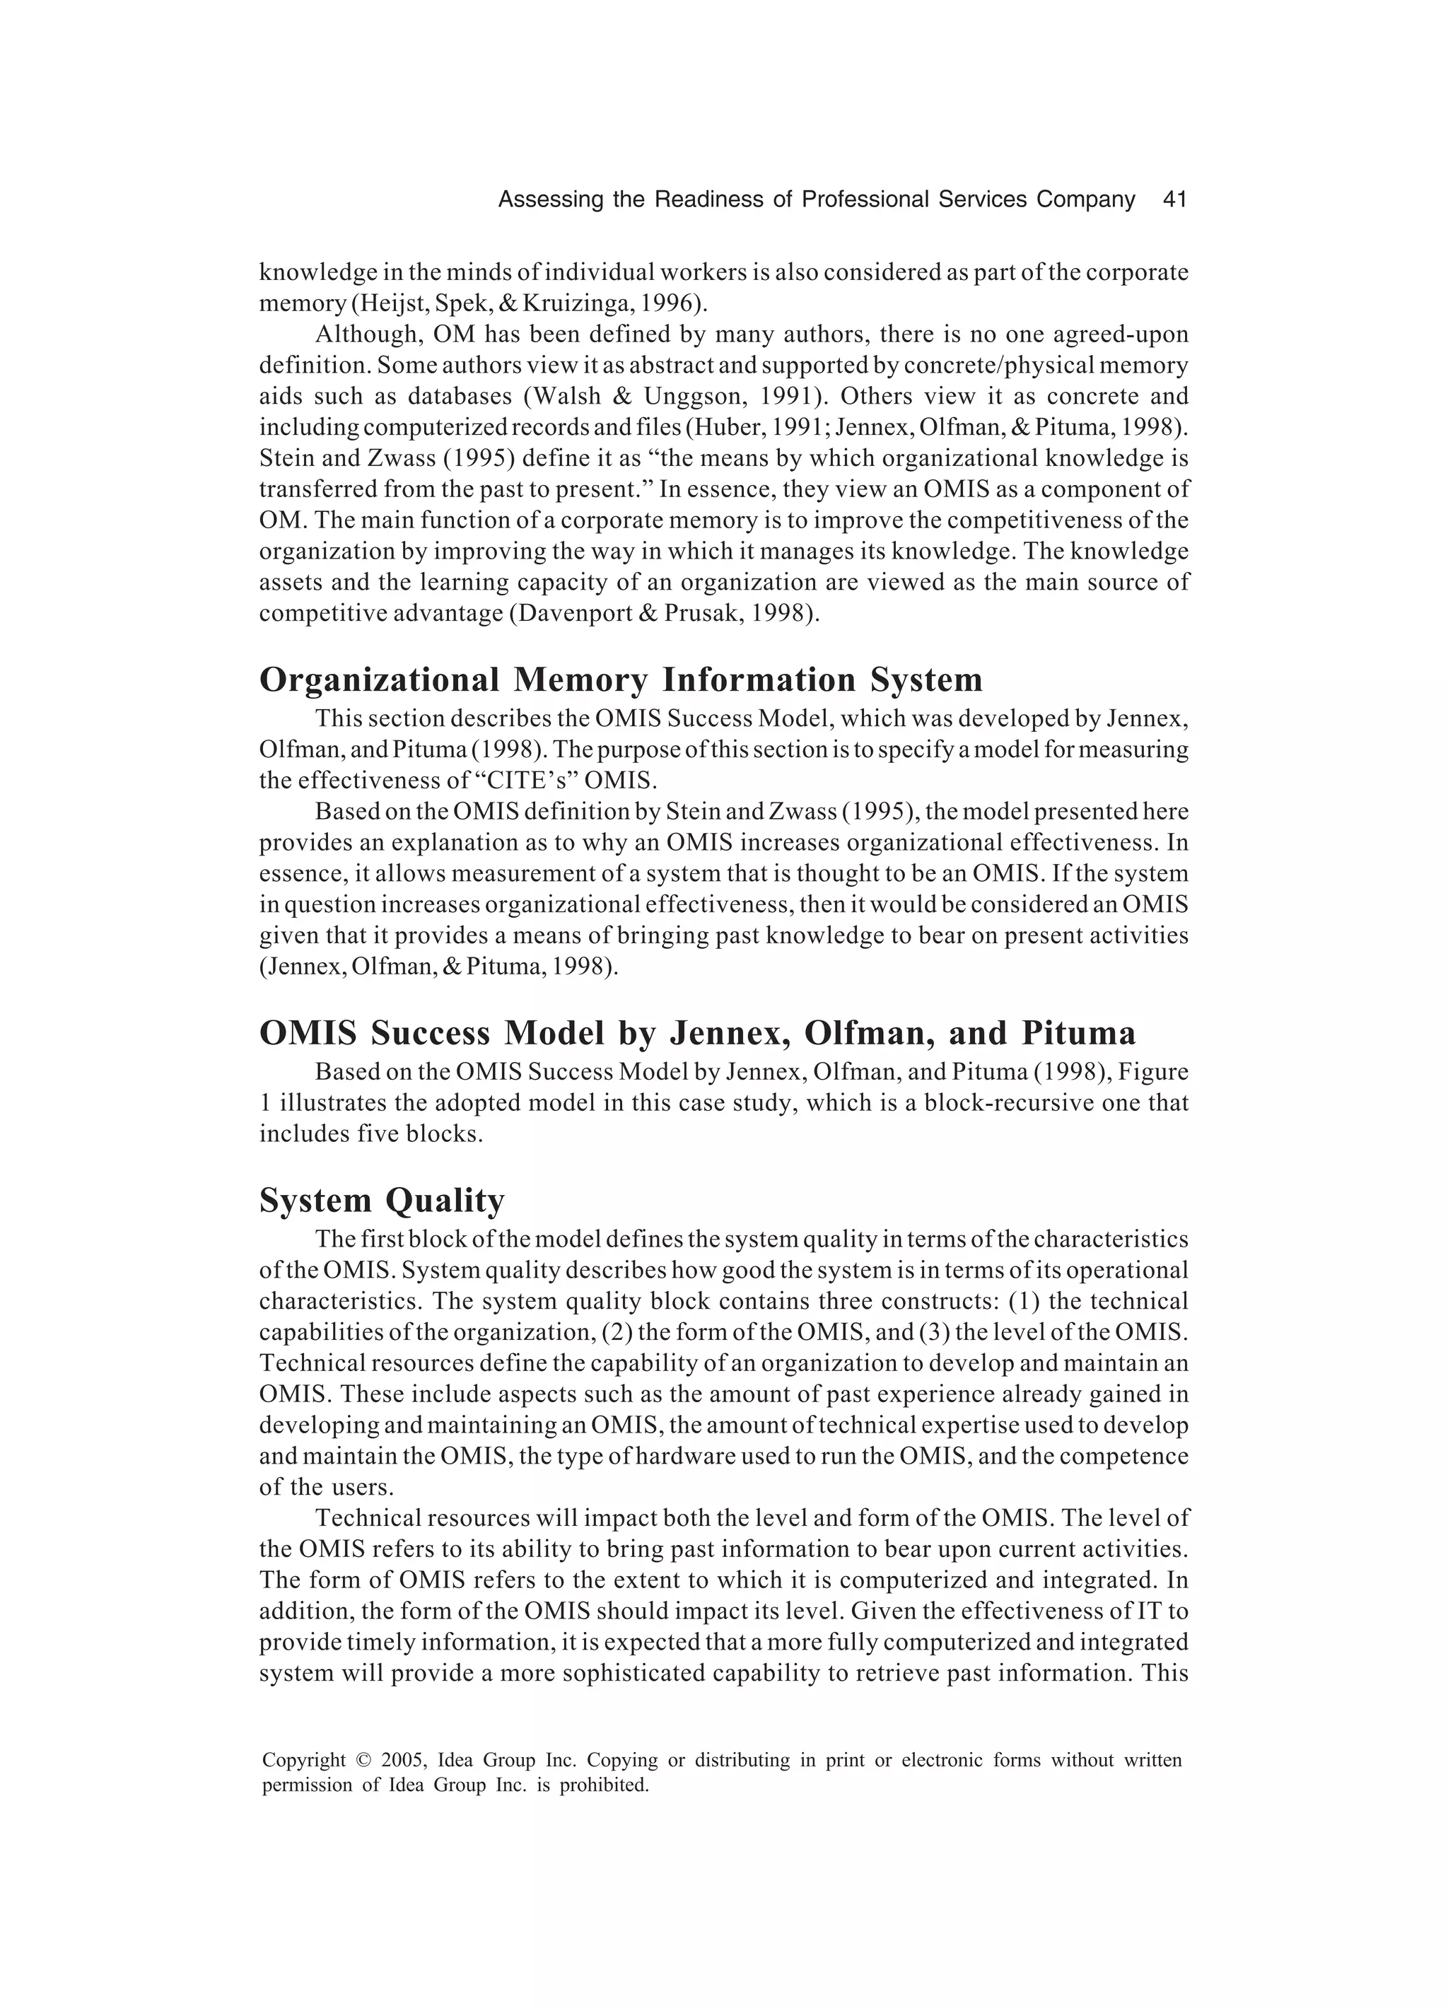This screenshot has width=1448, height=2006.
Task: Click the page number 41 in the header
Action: coord(1174,200)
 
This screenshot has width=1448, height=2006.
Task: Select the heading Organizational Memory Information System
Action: coord(621,680)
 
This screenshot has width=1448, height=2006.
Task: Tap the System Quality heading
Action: coord(381,1200)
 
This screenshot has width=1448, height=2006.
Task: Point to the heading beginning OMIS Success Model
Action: coord(697,1033)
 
